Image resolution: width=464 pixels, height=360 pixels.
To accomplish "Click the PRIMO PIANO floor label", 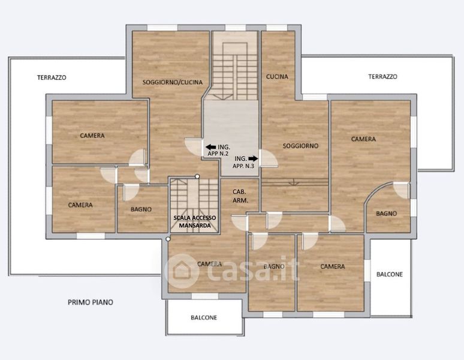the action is click(91, 302).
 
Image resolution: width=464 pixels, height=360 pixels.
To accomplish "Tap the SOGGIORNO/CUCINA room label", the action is click(173, 82).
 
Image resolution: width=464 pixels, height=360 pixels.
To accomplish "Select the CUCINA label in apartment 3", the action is click(277, 77).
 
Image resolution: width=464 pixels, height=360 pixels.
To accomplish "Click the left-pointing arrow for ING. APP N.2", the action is click(210, 147).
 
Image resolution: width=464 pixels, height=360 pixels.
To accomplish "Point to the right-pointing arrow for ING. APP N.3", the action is click(253, 158).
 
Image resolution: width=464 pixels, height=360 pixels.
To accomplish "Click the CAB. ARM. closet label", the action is click(240, 196).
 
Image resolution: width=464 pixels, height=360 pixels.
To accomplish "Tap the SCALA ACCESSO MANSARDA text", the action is click(195, 221).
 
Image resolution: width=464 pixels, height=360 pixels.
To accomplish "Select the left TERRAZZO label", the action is click(52, 77).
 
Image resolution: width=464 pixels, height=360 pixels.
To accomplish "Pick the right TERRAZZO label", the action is click(382, 77).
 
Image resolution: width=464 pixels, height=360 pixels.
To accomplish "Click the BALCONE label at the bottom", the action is click(204, 317).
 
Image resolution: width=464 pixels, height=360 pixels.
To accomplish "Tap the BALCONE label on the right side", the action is click(390, 274).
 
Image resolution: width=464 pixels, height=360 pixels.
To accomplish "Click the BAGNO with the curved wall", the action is click(386, 214).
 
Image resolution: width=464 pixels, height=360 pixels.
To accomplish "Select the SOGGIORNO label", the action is click(300, 146).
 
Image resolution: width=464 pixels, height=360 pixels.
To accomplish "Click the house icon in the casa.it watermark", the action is click(182, 271).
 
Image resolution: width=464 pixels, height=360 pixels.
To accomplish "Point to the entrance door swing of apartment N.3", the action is click(269, 158).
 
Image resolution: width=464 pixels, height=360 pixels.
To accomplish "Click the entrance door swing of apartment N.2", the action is click(193, 147).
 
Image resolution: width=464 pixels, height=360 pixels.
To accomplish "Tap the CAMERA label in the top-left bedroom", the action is click(92, 136).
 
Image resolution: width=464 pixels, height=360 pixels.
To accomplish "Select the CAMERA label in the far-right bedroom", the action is click(363, 139).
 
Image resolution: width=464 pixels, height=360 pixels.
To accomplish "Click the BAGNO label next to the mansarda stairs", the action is click(141, 209).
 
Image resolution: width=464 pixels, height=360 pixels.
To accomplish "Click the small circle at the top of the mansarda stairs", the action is click(197, 176).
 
